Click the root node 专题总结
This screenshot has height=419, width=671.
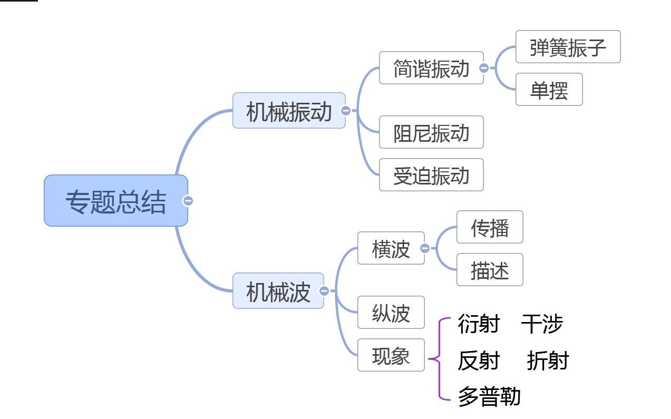(x=115, y=201)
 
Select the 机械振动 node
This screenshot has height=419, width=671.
(x=289, y=111)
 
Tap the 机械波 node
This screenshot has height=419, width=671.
(x=278, y=291)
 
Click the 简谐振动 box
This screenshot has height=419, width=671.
(x=431, y=68)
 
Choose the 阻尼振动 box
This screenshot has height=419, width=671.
(x=431, y=132)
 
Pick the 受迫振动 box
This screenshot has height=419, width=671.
(x=431, y=175)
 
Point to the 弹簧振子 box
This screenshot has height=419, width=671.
(x=568, y=47)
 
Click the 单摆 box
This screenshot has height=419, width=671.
(x=549, y=90)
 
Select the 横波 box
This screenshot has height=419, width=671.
(x=391, y=248)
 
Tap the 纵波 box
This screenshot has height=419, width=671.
(x=391, y=313)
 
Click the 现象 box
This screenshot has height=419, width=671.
(x=391, y=355)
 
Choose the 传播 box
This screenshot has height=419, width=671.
(x=490, y=227)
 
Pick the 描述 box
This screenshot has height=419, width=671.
(x=490, y=270)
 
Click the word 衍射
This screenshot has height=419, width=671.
(x=478, y=324)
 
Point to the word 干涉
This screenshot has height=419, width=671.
(x=542, y=324)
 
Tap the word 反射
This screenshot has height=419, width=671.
(x=478, y=360)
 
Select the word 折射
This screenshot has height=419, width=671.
(x=548, y=360)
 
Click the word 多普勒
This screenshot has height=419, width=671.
(x=489, y=396)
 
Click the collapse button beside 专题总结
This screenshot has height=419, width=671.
(x=188, y=201)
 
